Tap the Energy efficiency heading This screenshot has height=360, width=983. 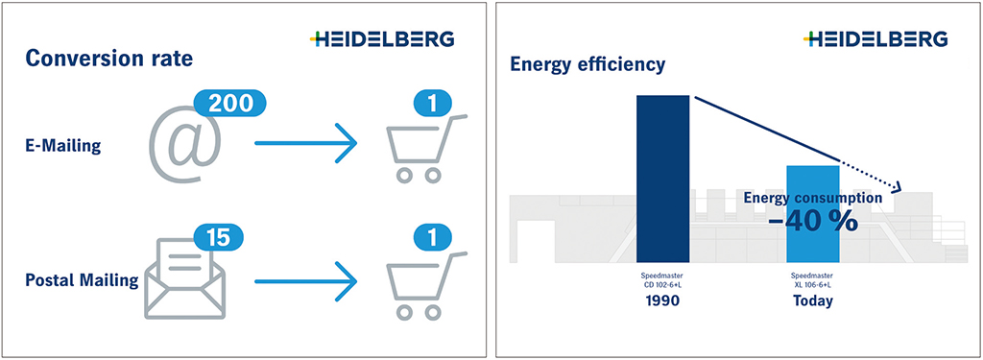[x=587, y=64]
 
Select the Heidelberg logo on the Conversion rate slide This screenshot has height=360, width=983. [x=382, y=39]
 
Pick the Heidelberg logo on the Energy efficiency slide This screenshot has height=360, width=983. [x=875, y=39]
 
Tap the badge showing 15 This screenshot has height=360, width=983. [x=218, y=238]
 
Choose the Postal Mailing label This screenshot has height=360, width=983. [x=83, y=279]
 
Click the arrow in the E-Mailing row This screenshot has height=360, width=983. [x=305, y=144]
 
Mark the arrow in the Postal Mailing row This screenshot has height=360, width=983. [x=305, y=280]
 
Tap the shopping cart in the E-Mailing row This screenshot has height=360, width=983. [x=424, y=149]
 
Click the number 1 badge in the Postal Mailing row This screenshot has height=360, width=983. [x=433, y=238]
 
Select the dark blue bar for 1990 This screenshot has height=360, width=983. [x=663, y=179]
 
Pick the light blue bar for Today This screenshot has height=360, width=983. [x=813, y=214]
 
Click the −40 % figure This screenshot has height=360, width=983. [x=813, y=221]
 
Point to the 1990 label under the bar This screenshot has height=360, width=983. [x=663, y=300]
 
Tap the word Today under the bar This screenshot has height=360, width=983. [x=813, y=301]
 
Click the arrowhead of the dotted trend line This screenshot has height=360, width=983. [x=897, y=187]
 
